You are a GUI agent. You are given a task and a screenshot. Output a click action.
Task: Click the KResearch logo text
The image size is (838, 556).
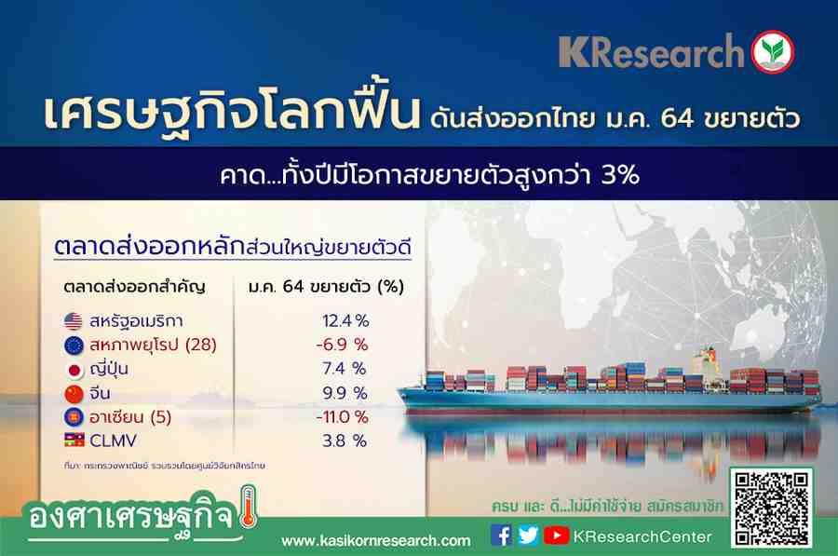click(652, 52)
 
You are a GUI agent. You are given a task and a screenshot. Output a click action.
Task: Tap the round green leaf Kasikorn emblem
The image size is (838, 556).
click(773, 52)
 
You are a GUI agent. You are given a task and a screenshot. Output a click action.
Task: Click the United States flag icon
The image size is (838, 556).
click(74, 320)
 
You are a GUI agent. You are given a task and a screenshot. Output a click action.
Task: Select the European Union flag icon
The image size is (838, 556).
click(74, 346)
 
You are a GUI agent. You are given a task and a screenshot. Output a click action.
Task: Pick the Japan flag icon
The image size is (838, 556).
click(74, 370)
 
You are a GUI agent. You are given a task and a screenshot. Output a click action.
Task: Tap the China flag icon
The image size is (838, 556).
click(74, 393)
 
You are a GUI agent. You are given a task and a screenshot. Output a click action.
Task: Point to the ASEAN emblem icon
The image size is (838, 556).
click(74, 417)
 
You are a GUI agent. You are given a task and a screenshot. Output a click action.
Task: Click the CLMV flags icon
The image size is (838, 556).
click(74, 440)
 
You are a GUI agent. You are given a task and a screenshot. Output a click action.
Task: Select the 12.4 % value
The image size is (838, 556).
click(345, 320)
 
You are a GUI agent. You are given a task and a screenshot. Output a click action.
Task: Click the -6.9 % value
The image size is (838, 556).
click(342, 345)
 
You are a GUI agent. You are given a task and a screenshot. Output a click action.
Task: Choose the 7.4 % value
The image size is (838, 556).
click(345, 369)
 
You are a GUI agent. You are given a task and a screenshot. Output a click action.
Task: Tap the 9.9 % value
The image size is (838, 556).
click(345, 393)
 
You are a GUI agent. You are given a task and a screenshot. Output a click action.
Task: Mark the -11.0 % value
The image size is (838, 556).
click(342, 416)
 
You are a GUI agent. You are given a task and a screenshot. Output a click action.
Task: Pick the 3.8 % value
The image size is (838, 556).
click(345, 441)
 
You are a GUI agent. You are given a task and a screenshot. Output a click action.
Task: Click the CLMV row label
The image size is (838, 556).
click(113, 441)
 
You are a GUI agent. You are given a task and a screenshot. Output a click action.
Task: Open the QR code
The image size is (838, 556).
click(771, 508)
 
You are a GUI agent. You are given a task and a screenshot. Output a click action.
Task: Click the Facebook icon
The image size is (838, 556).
click(501, 536)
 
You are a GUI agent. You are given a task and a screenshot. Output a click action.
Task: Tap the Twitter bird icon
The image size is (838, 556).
click(528, 536)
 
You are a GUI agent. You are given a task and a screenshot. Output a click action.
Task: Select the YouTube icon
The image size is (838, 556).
click(557, 536)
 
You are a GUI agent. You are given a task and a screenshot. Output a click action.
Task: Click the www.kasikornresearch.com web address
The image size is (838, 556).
click(376, 540)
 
